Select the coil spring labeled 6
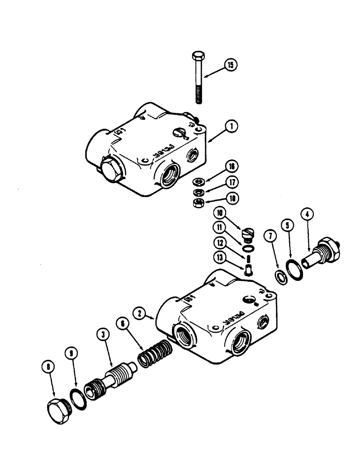(156, 354)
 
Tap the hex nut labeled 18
(198, 203)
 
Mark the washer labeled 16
(198, 182)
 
